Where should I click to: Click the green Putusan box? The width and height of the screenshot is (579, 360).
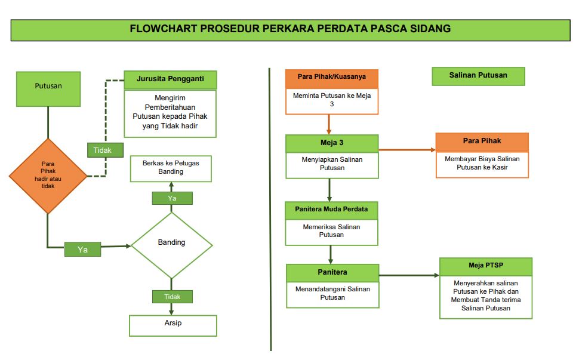[48, 86]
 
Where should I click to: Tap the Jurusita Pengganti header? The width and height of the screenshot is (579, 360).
[170, 80]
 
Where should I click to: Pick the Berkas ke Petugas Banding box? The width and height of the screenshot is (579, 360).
[171, 168]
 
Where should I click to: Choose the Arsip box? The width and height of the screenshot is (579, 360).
[173, 324]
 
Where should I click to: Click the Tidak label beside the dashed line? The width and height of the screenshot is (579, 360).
[103, 150]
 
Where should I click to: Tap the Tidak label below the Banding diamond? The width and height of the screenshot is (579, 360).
[172, 296]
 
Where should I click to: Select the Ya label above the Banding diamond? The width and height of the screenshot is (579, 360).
[172, 198]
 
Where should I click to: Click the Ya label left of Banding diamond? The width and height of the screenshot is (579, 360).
[82, 250]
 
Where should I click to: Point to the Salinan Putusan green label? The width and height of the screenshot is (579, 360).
[478, 76]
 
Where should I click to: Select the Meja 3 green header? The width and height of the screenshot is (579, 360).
[332, 143]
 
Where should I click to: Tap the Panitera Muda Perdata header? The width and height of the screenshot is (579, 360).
[332, 210]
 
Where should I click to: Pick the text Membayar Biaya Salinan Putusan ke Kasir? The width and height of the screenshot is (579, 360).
[482, 163]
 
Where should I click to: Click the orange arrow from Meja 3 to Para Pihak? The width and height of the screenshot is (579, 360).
[406, 149]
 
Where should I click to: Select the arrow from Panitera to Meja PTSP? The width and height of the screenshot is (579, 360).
[409, 275]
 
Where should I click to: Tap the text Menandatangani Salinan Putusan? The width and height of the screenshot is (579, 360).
[332, 293]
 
